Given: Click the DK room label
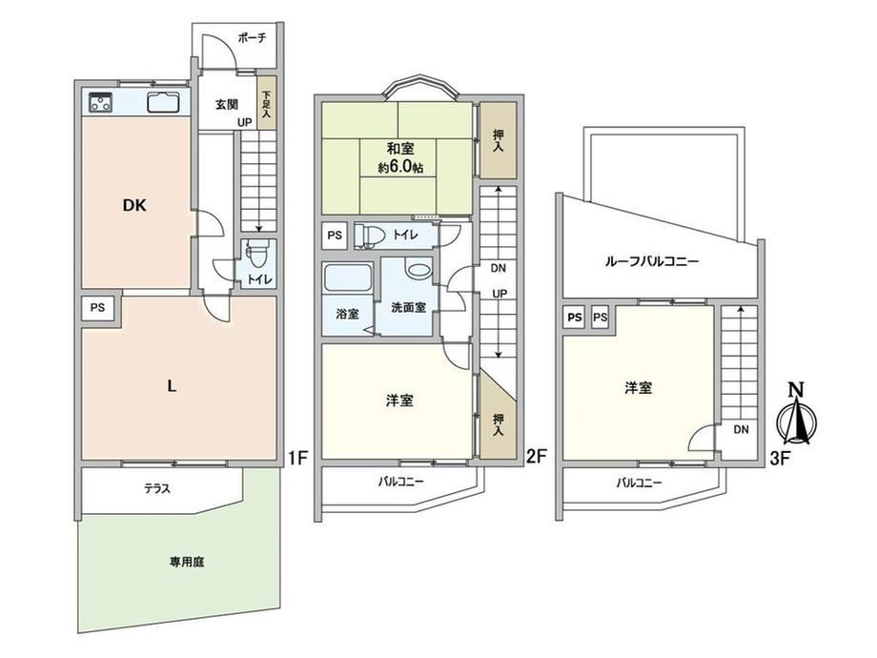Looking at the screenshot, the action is click(x=134, y=205).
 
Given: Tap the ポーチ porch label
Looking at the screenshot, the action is click(x=252, y=38).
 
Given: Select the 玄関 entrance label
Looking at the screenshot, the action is click(x=227, y=104).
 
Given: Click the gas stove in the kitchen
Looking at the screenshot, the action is click(x=101, y=102).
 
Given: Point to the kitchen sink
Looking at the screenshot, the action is click(x=163, y=102).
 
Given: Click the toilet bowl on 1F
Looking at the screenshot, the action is click(x=257, y=255).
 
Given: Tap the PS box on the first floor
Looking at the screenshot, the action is click(x=98, y=307).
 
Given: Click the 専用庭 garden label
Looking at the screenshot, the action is click(x=187, y=562).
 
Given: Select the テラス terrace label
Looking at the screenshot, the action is click(x=157, y=488).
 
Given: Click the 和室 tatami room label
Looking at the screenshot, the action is click(x=400, y=149).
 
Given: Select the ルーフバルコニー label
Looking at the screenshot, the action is click(x=652, y=261).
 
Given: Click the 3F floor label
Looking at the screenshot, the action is click(x=780, y=459).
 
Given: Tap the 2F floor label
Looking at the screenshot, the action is click(x=536, y=457).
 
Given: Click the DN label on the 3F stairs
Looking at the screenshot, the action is click(x=741, y=430).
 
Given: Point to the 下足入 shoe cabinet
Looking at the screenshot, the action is click(x=267, y=104).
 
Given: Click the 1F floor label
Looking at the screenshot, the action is click(x=298, y=459).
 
